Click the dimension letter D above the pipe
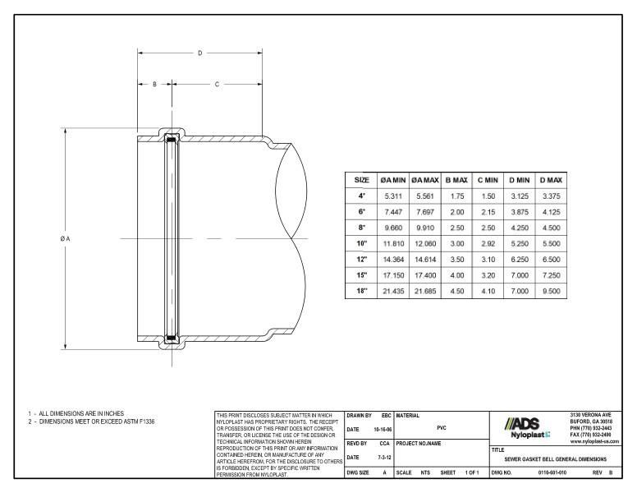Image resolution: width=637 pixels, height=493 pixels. tap(199, 53)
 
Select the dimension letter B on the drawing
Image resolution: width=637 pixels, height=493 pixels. tap(154, 85)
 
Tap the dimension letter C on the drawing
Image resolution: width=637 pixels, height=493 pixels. tap(217, 85)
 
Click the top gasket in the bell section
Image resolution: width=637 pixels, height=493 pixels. tap(171, 139)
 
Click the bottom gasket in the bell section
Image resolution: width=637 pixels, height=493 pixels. tap(171, 336)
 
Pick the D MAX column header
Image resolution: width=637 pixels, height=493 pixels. tap(548, 179)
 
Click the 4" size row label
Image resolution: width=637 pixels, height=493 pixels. tap(360, 196)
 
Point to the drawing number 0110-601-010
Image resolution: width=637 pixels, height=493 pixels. tap(552, 473)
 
